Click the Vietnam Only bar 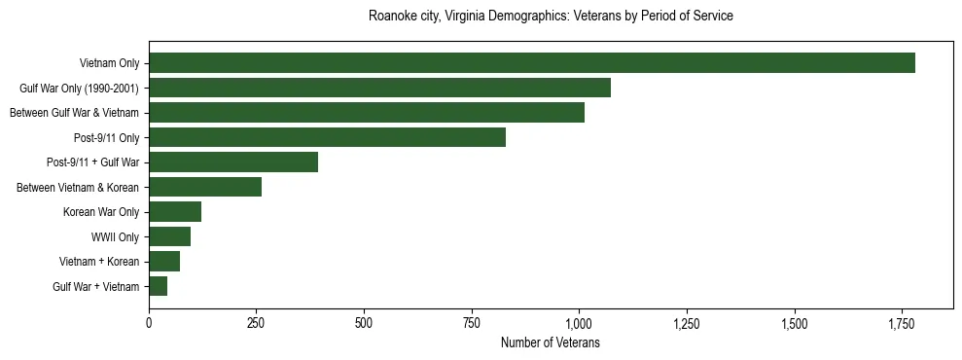(531, 63)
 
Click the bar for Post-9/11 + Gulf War (233, 162)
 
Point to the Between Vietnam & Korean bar (205, 187)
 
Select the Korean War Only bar (175, 212)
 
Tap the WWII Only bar (169, 236)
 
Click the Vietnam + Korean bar (164, 262)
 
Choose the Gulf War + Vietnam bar (158, 286)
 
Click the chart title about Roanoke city (551, 17)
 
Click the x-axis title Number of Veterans (551, 343)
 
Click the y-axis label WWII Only (115, 236)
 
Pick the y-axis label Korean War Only (101, 212)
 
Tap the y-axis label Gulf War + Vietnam (95, 286)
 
